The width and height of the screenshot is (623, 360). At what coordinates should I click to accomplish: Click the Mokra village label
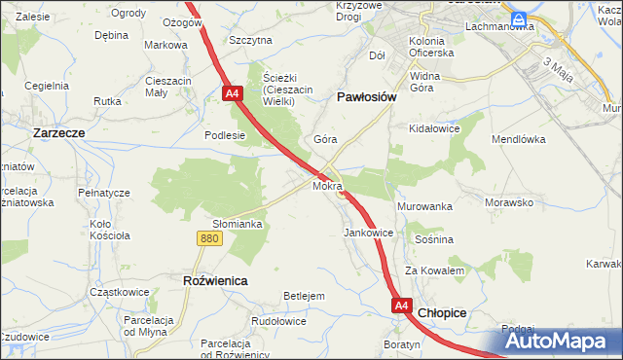(327, 185)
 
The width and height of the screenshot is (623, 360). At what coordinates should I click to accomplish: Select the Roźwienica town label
(215, 279)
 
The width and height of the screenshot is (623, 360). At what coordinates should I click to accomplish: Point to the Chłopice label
(443, 312)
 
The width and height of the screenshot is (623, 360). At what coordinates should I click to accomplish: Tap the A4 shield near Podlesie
(232, 93)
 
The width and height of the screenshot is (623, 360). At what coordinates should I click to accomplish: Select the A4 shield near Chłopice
(402, 306)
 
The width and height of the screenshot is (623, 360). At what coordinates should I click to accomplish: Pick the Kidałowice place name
(434, 128)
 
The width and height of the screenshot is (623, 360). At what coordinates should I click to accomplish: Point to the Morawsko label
(510, 203)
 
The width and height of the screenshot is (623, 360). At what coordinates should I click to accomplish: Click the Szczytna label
(250, 40)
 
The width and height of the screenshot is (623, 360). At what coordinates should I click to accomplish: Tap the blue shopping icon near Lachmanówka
(520, 18)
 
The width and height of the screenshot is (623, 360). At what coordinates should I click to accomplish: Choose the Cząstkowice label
(118, 291)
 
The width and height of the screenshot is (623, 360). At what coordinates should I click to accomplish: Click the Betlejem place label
(303, 296)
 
